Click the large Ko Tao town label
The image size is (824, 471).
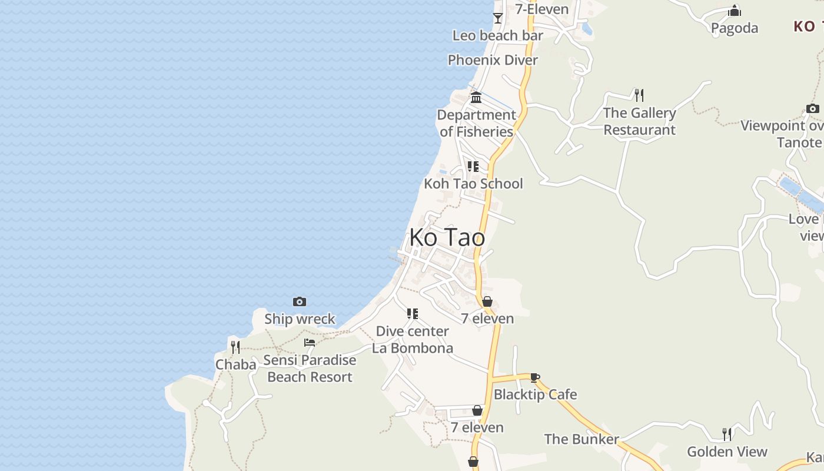coord(447,237)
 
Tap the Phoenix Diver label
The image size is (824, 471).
coord(493,60)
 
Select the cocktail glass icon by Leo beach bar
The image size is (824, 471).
coord(498,18)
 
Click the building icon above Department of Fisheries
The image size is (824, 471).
coord(476,97)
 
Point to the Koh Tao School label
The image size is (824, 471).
coord(473,184)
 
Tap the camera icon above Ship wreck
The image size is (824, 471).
coord(300,302)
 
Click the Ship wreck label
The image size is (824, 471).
coord(300,319)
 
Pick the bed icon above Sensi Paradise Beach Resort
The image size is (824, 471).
coord(310,343)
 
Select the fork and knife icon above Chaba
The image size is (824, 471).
coord(235,347)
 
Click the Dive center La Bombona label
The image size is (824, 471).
coord(413,340)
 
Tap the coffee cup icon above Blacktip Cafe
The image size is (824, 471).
coord(534,377)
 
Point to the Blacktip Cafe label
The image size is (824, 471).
coord(535,394)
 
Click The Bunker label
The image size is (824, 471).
coord(582,439)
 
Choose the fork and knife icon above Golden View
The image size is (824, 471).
coord(727,434)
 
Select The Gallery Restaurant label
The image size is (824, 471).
coord(640,121)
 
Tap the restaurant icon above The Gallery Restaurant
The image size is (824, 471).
coord(639,95)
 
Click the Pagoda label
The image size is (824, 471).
coord(735,28)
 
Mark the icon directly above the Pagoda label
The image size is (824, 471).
coord(735,11)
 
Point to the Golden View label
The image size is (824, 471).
coord(727,452)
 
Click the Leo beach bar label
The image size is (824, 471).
coord(498,35)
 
